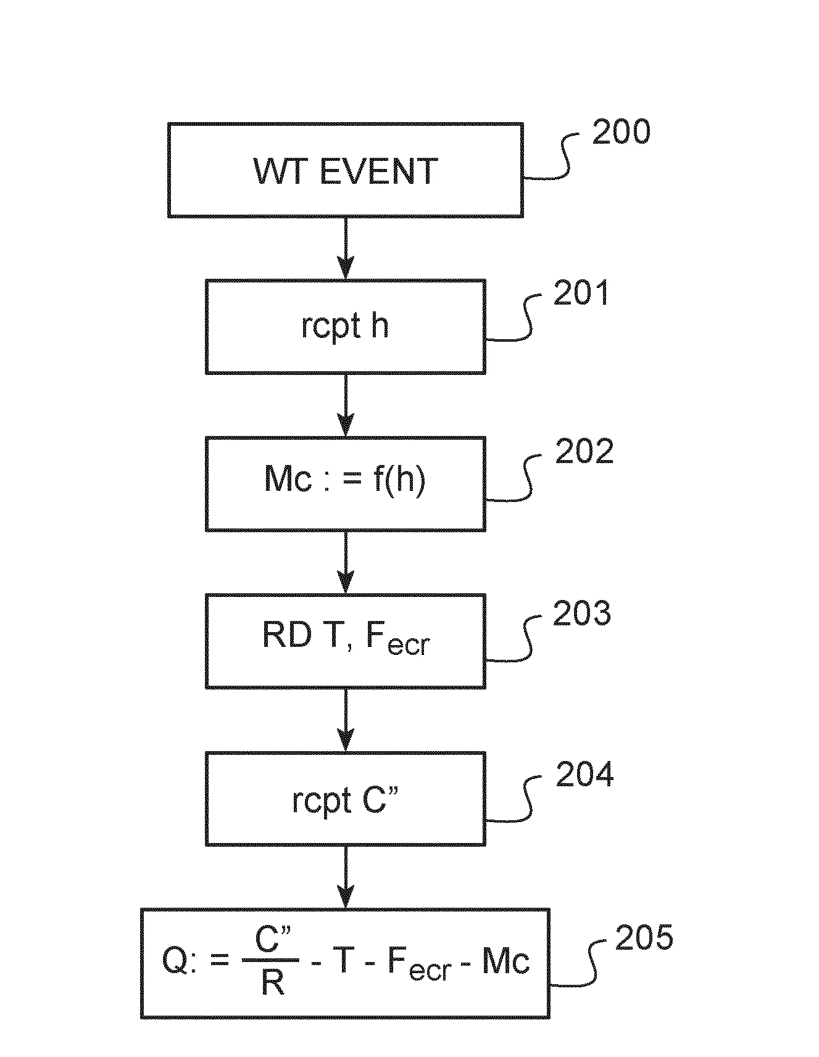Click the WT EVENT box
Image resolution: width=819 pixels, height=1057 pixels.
(x=345, y=170)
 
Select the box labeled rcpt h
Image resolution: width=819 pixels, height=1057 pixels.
(x=345, y=326)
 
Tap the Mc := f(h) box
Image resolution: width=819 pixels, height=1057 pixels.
(x=345, y=484)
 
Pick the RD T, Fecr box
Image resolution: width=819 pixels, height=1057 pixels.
(x=345, y=641)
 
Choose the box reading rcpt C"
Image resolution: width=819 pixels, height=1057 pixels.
(x=345, y=799)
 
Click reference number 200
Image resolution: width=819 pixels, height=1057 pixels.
(x=621, y=132)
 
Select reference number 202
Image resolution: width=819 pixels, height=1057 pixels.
(x=584, y=452)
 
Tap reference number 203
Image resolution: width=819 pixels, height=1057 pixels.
(x=581, y=613)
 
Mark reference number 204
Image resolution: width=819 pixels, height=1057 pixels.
(x=584, y=775)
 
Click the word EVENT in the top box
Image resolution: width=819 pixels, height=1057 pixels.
(x=379, y=171)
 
